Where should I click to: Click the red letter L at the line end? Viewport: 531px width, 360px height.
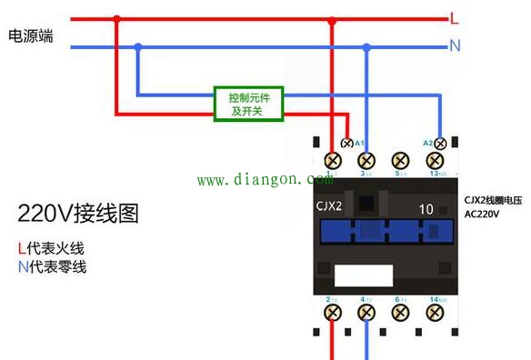[454, 18]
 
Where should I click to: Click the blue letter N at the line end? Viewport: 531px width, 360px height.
[455, 45]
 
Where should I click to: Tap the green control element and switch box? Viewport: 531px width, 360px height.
[248, 104]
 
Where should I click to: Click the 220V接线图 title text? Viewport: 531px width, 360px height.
[78, 214]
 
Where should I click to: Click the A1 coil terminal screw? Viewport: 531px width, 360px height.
[346, 144]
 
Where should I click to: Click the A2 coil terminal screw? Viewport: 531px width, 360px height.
[441, 144]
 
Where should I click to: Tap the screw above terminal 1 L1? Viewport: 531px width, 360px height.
[333, 160]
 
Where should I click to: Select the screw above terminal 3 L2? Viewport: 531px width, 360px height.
[366, 160]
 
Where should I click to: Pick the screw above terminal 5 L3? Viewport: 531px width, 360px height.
[400, 160]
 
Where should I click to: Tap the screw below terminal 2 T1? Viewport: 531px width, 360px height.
[333, 312]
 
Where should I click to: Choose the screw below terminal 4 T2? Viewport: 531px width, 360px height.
[366, 312]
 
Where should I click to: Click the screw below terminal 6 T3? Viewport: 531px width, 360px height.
[400, 312]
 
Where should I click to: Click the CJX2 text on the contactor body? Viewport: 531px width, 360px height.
[328, 205]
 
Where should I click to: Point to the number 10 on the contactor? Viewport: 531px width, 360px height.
[426, 208]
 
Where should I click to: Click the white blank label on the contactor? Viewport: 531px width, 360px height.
[361, 275]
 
